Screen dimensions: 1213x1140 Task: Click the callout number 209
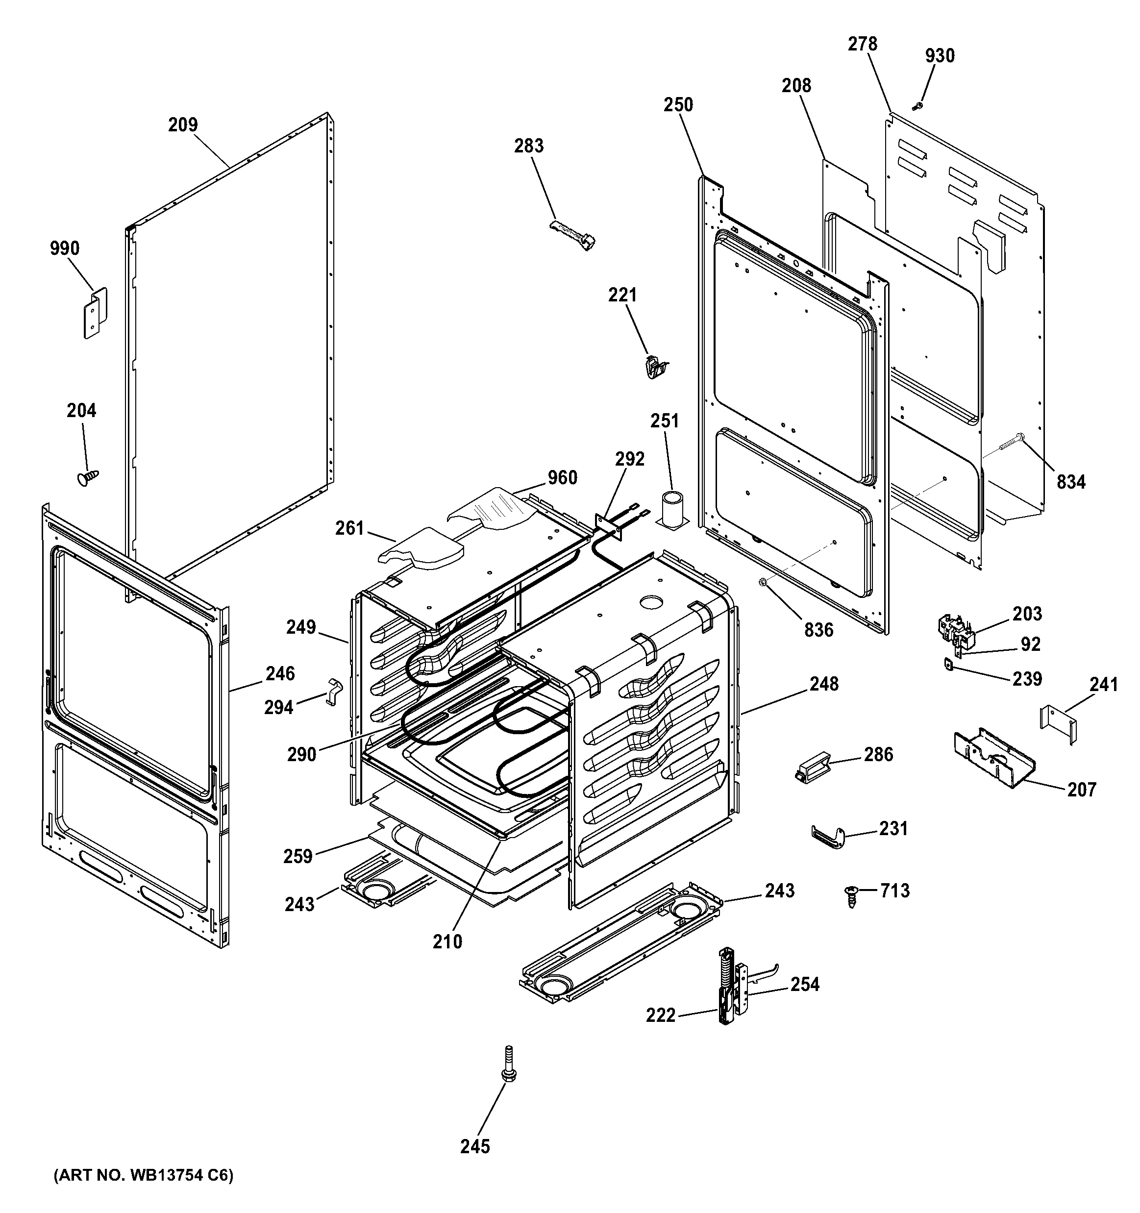point(183,125)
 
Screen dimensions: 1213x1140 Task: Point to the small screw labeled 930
point(916,107)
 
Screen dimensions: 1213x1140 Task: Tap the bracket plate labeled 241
point(1058,725)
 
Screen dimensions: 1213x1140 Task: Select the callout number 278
point(862,44)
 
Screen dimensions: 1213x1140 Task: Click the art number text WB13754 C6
point(144,1176)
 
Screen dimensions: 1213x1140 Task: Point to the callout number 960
point(562,478)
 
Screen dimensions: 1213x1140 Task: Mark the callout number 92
point(1030,644)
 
